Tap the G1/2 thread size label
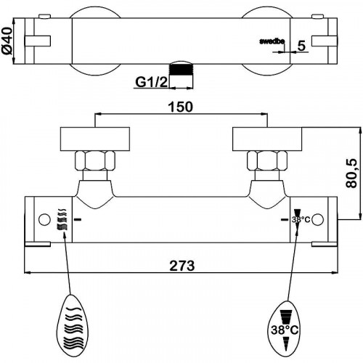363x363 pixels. point(151,82)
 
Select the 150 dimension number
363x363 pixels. point(181,107)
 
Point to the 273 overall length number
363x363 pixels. point(182,266)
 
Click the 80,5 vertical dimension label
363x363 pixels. point(351,174)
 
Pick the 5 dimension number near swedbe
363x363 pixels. point(301,46)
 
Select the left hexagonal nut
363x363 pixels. point(95,160)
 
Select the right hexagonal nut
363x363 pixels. point(267,160)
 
